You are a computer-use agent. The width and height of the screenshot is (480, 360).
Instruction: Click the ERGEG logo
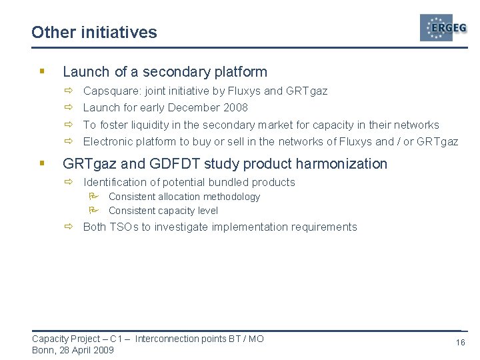443,28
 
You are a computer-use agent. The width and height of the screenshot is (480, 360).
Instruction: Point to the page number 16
460,342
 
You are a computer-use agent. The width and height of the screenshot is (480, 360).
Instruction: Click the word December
193,107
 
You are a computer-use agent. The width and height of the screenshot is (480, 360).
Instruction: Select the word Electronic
109,141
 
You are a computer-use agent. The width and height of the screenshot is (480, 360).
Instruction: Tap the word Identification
114,182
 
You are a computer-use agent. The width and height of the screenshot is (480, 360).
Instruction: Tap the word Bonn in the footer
43,350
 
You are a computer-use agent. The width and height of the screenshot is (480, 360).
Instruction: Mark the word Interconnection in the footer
166,339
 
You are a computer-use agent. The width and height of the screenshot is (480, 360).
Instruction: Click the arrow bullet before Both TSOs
69,227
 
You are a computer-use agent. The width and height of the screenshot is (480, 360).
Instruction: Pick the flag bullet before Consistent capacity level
94,210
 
